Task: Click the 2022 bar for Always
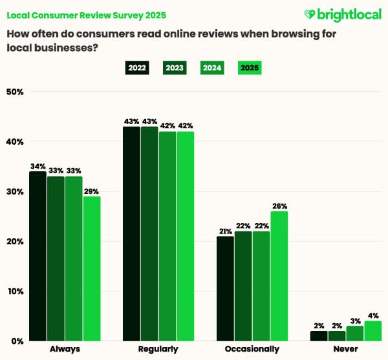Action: pos(38,256)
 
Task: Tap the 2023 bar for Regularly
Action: pos(149,233)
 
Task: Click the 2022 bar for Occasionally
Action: pos(225,288)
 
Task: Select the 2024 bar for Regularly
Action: pos(167,236)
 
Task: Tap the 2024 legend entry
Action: pos(212,68)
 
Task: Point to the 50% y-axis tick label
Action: pos(15,92)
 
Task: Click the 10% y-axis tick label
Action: pos(15,291)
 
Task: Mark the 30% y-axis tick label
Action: pos(15,191)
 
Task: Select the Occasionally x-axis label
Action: pos(252,349)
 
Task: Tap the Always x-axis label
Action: pos(65,349)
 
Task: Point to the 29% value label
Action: pos(92,191)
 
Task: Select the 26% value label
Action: pos(279,206)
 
